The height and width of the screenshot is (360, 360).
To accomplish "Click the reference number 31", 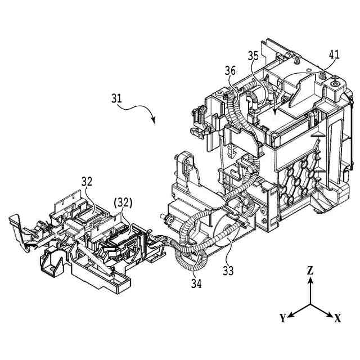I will coord(116,98).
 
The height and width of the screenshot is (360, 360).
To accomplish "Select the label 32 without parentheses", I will coord(87,182).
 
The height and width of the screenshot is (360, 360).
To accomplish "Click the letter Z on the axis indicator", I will coord(310,270).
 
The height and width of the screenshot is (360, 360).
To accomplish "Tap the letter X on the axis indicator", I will coord(337,319).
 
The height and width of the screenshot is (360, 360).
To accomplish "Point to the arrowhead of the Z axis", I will coord(310,280).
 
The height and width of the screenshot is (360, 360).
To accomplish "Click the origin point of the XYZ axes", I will coord(310,304).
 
